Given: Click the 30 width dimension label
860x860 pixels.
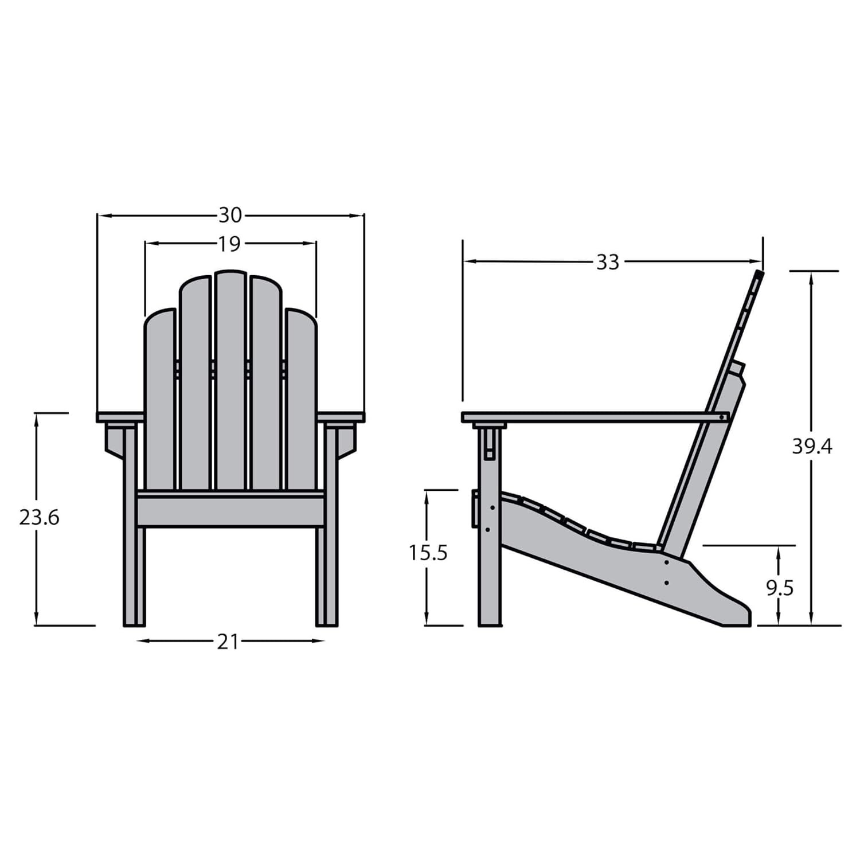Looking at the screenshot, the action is (230, 216).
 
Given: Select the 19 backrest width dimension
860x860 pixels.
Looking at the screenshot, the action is (229, 244).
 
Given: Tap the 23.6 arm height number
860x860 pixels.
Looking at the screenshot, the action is (39, 518).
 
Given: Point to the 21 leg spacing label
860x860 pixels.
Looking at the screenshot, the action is (228, 642).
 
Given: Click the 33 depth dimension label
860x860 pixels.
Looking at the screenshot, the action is (608, 263).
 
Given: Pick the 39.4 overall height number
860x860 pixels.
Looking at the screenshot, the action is (812, 446).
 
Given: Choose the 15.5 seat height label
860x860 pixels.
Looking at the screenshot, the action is (428, 553).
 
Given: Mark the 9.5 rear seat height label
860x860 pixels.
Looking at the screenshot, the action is (780, 588).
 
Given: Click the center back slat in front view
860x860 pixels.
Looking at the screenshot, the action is (230, 381).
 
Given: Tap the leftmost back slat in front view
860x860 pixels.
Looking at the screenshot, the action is (159, 400).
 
